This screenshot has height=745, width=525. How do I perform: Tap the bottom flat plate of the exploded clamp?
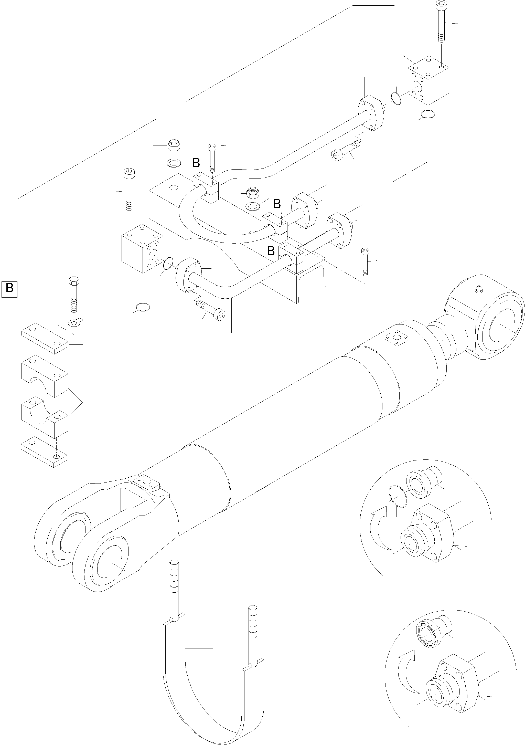tap(44, 452)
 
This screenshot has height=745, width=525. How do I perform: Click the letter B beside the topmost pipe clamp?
tap(196, 163)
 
